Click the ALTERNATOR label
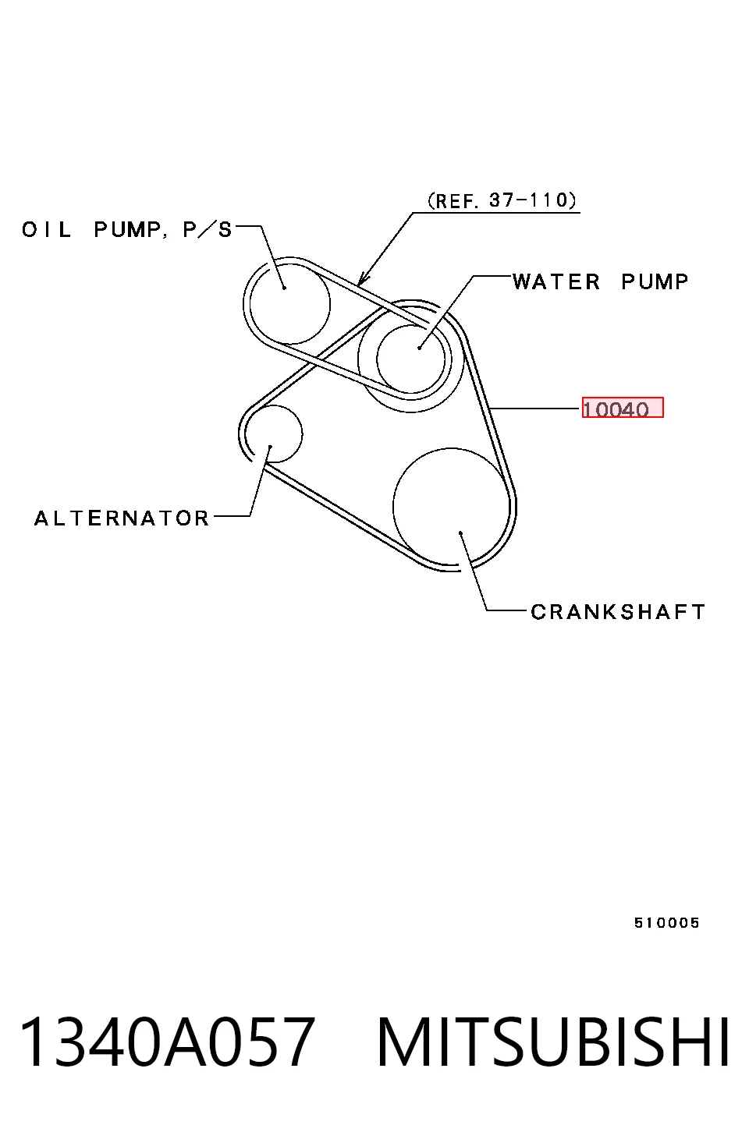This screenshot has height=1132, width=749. click(122, 518)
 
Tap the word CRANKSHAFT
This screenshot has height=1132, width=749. click(617, 612)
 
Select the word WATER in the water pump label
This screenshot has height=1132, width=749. click(556, 281)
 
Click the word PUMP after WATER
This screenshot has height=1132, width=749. click(655, 281)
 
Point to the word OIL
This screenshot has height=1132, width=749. click(47, 230)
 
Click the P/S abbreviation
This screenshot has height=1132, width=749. click(208, 230)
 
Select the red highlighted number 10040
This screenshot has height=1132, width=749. click(623, 408)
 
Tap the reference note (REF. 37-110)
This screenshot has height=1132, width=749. click(502, 200)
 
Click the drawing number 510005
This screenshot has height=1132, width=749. click(666, 923)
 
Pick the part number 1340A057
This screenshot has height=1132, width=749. click(166, 1042)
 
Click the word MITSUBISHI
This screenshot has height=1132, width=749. click(553, 1042)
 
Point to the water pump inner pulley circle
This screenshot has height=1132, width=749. click(377, 359)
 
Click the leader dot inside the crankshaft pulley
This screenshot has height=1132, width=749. click(461, 532)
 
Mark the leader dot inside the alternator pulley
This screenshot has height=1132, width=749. click(271, 447)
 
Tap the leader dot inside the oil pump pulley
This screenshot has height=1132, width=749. click(285, 288)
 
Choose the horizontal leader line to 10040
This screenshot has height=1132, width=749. click(535, 408)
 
